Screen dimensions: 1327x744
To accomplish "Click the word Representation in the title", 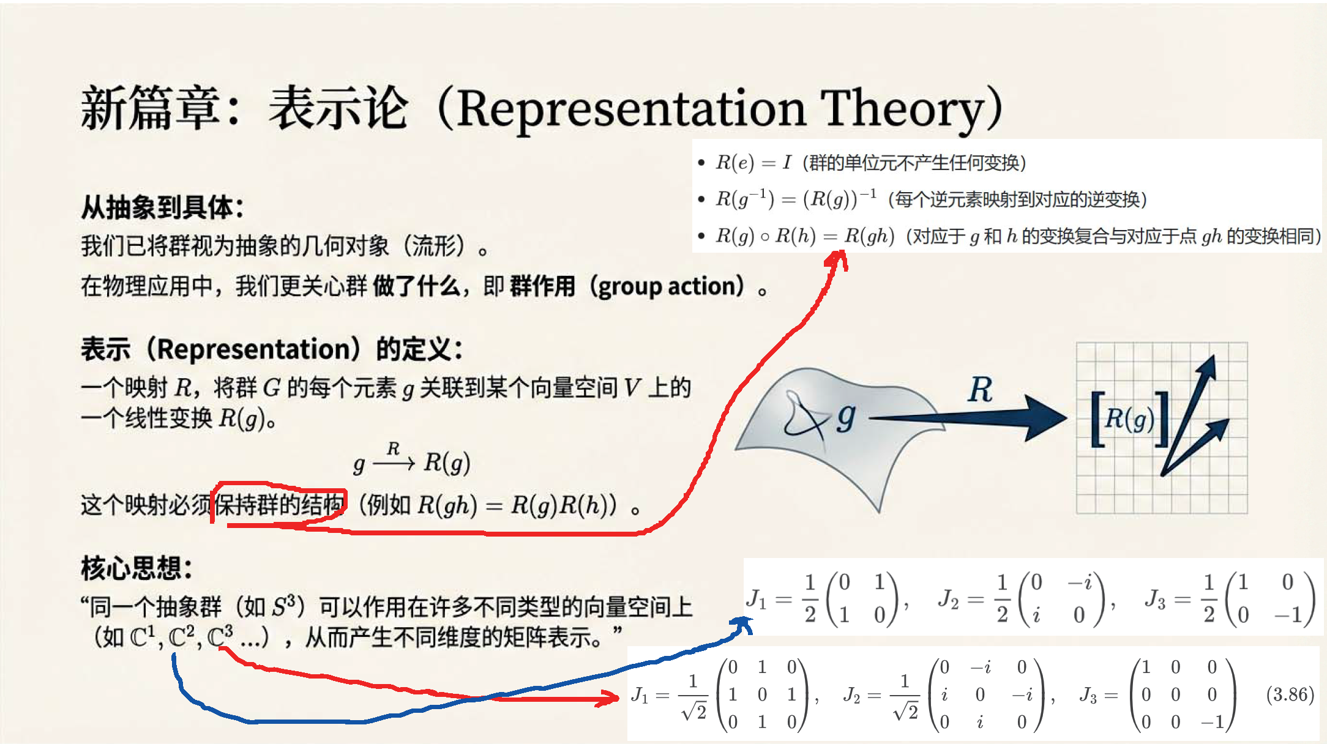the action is click(x=630, y=110).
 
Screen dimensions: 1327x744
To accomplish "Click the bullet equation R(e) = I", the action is click(x=753, y=163).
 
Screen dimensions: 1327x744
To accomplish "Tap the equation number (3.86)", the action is click(x=1290, y=694).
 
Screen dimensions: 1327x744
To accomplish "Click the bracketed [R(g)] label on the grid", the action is click(x=1130, y=419).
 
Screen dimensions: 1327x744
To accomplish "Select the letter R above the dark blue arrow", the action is click(x=981, y=389).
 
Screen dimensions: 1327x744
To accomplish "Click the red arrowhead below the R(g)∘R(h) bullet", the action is click(x=836, y=260).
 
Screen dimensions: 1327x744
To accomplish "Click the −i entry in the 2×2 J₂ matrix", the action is click(x=1080, y=582).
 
